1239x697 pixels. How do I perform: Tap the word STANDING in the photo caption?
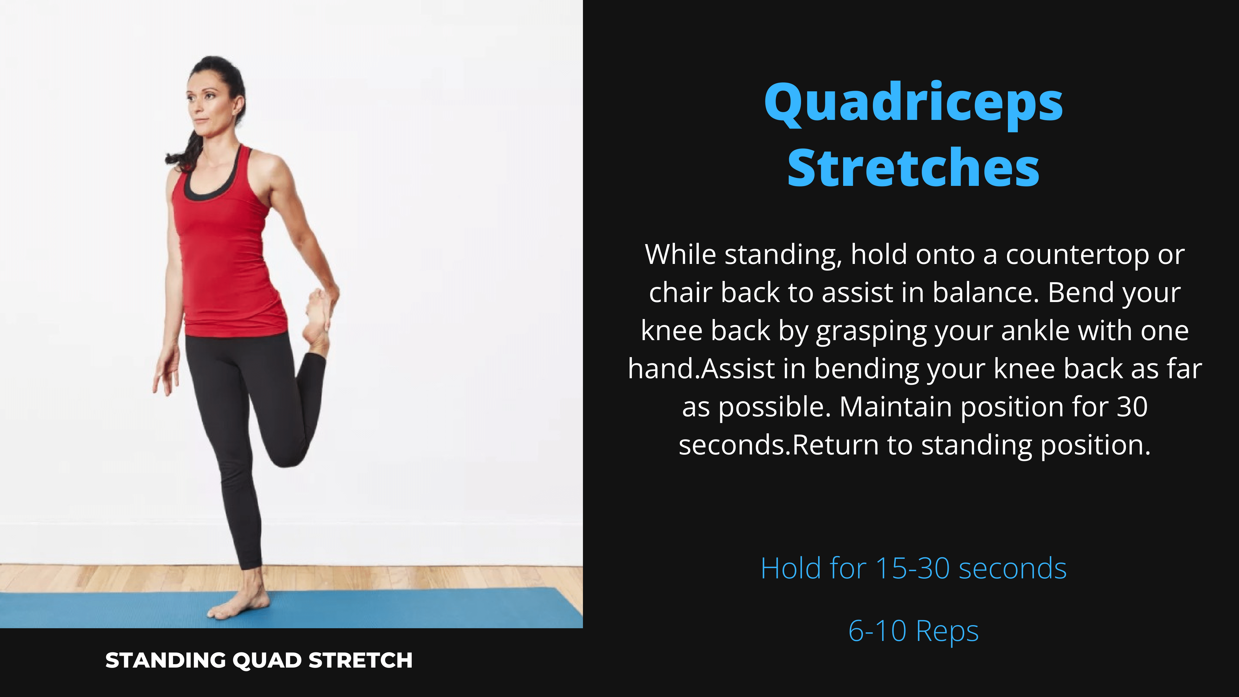[x=165, y=660]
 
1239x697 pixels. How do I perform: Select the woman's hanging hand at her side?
[x=166, y=370]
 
